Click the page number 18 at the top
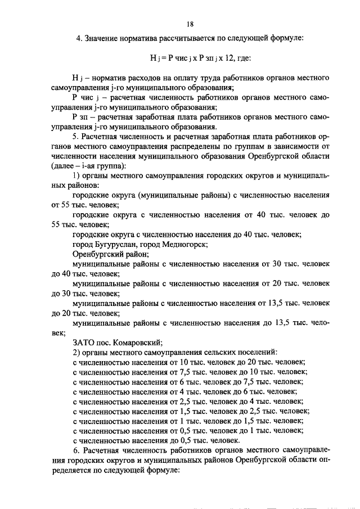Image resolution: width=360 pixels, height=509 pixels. tap(190, 24)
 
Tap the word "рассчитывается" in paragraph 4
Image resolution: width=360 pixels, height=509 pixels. tap(167, 39)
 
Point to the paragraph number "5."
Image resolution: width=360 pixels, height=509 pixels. tap(76, 137)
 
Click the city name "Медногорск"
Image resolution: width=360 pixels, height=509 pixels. tap(186, 245)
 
